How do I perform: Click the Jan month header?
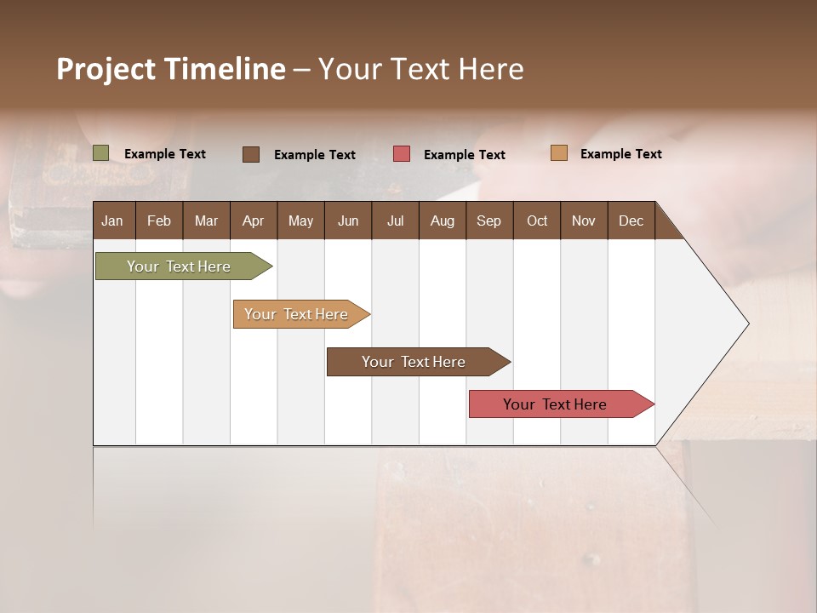tap(112, 221)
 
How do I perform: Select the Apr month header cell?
tap(253, 221)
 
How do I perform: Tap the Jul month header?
tap(395, 221)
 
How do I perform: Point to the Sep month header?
tap(488, 221)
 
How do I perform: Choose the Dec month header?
tap(631, 221)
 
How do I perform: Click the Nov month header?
tap(583, 221)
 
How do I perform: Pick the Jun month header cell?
tap(347, 221)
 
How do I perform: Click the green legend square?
tap(100, 153)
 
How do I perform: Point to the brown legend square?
tap(250, 154)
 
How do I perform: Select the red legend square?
tap(401, 154)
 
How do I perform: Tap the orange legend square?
tap(558, 153)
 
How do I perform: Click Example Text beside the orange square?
tap(620, 154)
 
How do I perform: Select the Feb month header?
tap(158, 221)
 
